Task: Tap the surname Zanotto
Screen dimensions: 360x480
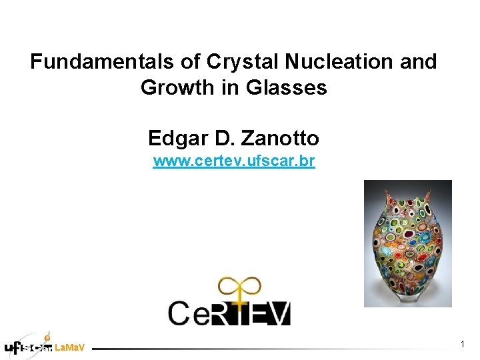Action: click(x=281, y=138)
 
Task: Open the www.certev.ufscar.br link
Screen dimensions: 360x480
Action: click(x=233, y=161)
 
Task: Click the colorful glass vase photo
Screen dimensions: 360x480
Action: click(x=407, y=243)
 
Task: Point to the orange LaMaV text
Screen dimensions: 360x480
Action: click(x=69, y=348)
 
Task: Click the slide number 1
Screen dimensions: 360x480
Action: click(x=462, y=344)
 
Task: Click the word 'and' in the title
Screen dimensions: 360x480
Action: click(x=417, y=62)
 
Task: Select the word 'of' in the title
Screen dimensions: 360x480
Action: click(x=191, y=62)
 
